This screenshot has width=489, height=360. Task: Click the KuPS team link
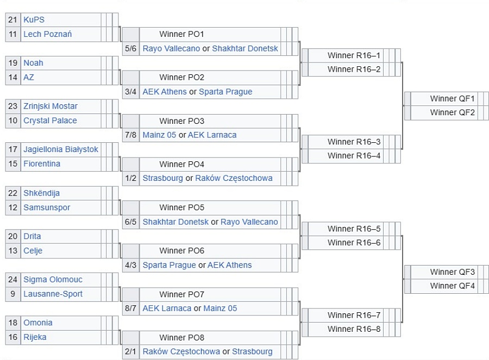tap(34, 20)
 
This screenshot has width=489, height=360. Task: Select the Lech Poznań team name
tap(48, 34)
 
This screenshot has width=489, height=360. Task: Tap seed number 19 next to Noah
tap(13, 63)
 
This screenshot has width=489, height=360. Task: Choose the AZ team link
tap(29, 77)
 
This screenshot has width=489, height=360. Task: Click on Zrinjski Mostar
tap(51, 106)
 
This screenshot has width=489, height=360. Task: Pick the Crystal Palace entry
tap(50, 121)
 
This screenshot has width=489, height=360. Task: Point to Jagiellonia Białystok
tap(61, 149)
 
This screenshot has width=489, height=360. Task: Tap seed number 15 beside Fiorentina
tap(13, 163)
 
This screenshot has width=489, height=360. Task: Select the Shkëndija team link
tap(41, 193)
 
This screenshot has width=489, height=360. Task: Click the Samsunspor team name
tap(47, 207)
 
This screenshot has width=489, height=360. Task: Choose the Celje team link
tap(33, 251)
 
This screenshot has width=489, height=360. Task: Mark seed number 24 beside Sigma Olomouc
tap(13, 279)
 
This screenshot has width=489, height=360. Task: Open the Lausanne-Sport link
tap(53, 294)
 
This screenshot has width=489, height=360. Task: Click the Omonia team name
tap(38, 323)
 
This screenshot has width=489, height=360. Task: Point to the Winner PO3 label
tap(182, 121)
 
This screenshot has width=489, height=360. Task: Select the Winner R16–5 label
tap(354, 229)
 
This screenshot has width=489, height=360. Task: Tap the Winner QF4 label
tap(453, 286)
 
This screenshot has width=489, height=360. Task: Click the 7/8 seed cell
tap(130, 135)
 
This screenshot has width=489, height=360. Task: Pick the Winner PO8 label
tap(182, 338)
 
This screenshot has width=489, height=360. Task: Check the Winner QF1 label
tap(453, 99)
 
